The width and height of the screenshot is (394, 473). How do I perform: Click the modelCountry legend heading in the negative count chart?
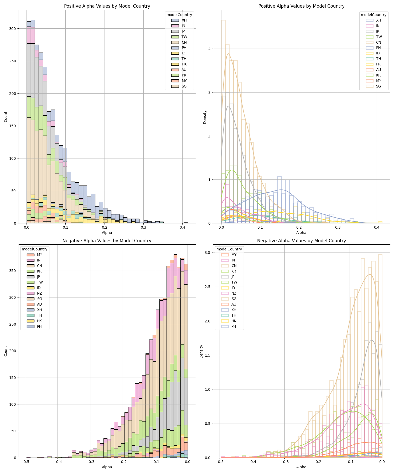point(35,249)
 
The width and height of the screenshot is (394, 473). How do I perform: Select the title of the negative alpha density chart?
point(301,241)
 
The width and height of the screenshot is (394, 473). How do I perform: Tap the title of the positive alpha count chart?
point(107,6)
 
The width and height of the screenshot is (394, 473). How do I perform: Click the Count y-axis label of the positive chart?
point(6,116)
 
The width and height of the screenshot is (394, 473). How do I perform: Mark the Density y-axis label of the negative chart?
point(201,351)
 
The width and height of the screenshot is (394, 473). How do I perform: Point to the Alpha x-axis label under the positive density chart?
point(301,233)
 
